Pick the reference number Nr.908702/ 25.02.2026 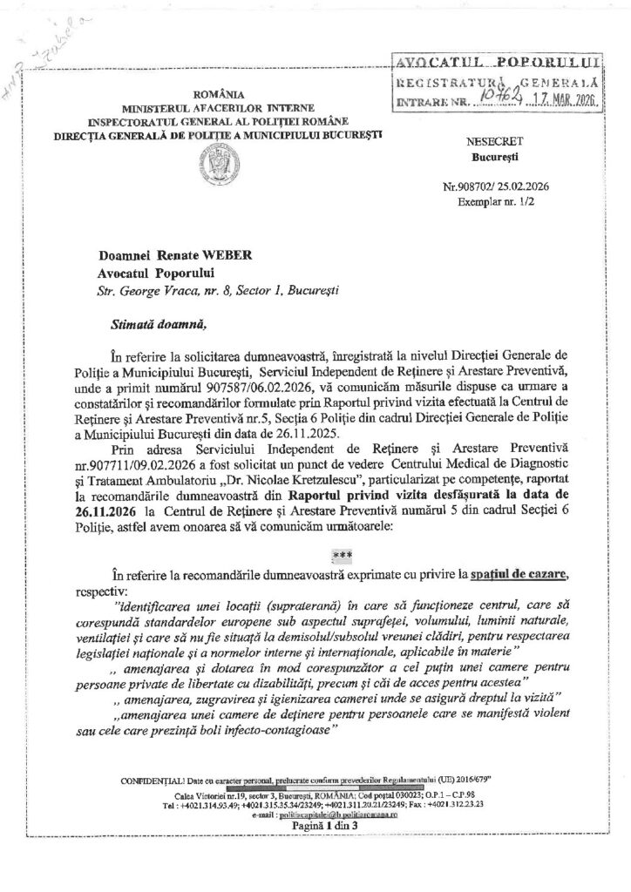point(498,186)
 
